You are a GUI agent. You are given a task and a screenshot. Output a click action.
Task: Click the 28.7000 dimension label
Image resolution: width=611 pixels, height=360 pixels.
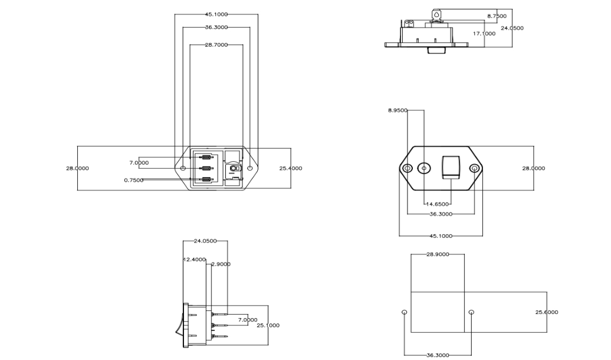coord(216,45)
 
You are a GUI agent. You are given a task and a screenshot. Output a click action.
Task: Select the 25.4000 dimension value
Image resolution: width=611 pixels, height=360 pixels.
coord(291,169)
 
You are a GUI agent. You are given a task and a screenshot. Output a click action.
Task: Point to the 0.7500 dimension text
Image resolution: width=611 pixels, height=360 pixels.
coord(134,180)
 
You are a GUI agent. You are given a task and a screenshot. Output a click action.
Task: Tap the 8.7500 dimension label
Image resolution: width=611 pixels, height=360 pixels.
coord(497,16)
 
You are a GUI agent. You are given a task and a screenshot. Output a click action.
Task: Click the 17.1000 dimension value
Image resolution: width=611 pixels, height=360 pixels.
coord(484,34)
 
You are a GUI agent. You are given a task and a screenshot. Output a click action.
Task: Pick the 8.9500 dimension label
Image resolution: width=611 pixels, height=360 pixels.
coord(398,110)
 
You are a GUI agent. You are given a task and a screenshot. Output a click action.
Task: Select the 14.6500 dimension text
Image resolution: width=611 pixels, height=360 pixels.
coord(438,204)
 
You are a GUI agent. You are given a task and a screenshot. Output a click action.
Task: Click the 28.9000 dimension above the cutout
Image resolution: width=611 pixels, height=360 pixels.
coord(438,254)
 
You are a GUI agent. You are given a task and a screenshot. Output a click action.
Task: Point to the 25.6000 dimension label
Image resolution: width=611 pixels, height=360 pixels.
coord(547,312)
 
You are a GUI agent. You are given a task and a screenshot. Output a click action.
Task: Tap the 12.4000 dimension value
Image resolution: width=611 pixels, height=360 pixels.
coord(195,259)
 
